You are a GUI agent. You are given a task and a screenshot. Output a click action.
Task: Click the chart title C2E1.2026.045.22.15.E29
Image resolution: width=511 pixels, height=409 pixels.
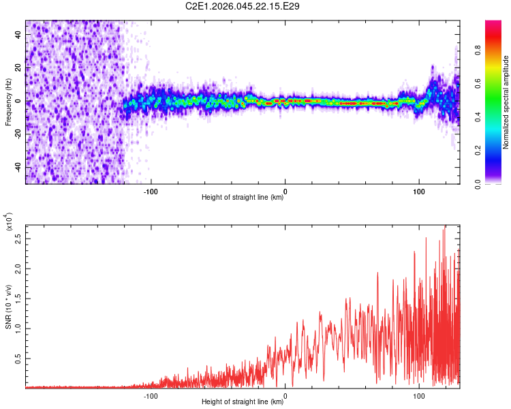[243, 6]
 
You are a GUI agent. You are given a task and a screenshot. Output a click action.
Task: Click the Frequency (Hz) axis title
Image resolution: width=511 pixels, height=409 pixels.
[8, 102]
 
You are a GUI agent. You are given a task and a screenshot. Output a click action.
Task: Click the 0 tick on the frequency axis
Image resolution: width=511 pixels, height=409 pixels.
[18, 102]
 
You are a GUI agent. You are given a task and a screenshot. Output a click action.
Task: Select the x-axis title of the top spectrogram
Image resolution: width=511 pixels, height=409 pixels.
[243, 198]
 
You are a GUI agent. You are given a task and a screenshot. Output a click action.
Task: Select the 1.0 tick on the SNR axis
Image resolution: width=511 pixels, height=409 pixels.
[18, 328]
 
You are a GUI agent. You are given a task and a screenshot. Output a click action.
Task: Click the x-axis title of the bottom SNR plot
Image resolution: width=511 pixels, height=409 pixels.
[243, 402]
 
